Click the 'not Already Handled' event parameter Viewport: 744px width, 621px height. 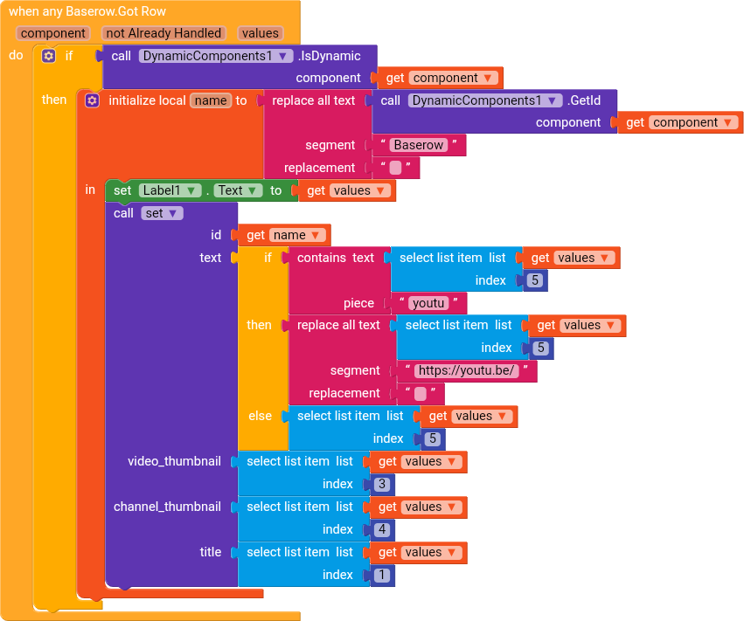pos(163,33)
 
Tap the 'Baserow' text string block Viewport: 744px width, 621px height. pos(419,145)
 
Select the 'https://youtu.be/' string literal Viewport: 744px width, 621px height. pos(467,370)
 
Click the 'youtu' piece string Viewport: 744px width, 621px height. pos(428,303)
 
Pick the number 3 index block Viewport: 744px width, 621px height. pos(382,484)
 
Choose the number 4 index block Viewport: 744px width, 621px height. pos(382,529)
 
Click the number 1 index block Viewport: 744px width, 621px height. pos(382,575)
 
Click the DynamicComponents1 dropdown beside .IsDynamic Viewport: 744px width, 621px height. pos(216,56)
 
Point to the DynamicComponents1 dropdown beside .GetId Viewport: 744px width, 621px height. pos(485,100)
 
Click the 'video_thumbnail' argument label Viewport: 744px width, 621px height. pos(174,461)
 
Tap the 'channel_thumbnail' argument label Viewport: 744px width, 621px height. pos(167,507)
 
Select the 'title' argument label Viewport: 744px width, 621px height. pos(210,552)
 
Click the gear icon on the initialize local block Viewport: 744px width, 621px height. pos(92,100)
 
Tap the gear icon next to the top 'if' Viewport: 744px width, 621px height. pos(48,56)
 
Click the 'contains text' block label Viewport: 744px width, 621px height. pos(336,258)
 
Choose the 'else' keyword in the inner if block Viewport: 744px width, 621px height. pos(260,417)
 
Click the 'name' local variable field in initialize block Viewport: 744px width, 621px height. pos(211,100)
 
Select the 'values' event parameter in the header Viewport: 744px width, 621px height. pos(261,33)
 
